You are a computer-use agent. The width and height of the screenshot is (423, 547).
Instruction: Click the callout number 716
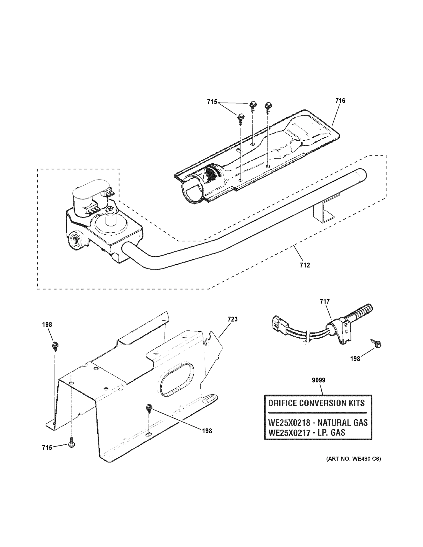[x=340, y=101]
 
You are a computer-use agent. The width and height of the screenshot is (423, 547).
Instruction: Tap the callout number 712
[x=305, y=265]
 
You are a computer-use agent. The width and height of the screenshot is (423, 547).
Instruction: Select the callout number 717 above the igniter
[x=324, y=302]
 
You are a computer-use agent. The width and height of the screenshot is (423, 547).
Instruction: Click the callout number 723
[x=232, y=319]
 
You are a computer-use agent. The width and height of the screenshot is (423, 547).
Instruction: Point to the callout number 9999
[x=318, y=380]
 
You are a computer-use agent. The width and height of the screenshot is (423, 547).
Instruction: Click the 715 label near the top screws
[x=212, y=102]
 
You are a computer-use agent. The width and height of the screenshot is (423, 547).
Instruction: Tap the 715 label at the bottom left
[x=47, y=448]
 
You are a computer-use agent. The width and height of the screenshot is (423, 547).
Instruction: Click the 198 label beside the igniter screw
[x=355, y=359]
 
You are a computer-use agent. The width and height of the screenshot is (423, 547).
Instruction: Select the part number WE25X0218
[x=289, y=423]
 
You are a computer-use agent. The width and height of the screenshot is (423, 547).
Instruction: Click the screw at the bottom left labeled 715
[x=71, y=444]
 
